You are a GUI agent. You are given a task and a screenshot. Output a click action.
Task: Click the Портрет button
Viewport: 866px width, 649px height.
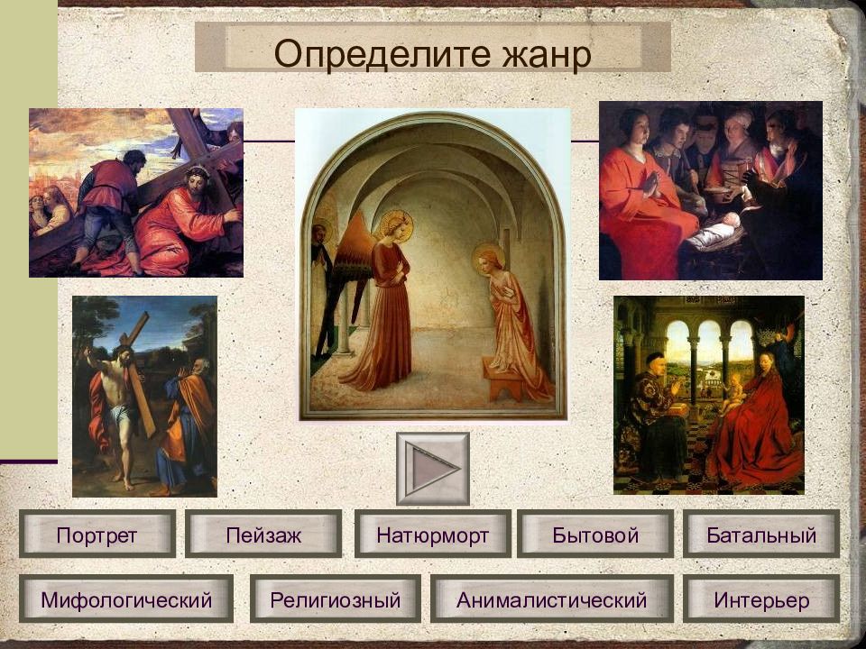97,534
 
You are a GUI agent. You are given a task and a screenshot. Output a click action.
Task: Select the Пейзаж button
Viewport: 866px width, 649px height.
263,534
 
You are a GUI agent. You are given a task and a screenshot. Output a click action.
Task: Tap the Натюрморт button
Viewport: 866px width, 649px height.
432,534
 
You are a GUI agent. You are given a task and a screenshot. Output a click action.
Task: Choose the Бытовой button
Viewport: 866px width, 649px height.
595,534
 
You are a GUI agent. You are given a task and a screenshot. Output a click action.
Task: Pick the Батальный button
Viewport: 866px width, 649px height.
761,534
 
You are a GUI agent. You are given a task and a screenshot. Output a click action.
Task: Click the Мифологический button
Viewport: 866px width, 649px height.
126,599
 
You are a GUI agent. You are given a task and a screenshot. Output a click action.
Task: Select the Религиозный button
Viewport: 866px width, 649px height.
336,599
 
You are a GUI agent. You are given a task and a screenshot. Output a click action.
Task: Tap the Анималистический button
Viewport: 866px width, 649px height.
552,599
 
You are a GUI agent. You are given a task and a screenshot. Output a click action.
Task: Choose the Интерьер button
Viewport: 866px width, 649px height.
761,599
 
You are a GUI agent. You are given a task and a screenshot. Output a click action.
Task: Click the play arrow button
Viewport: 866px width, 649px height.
432,469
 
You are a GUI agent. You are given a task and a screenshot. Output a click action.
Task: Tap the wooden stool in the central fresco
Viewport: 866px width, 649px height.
503,379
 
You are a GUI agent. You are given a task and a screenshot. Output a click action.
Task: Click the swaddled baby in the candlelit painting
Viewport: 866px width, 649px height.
715,231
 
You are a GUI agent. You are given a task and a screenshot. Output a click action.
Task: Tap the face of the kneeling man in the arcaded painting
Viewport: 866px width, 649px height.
656,365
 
